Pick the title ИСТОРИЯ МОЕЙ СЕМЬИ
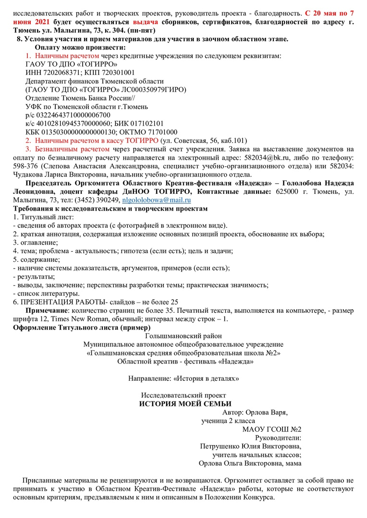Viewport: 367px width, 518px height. [185, 404]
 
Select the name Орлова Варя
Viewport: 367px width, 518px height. [267, 412]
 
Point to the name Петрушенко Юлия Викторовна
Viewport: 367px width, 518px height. [250, 446]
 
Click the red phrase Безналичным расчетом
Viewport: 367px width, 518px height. [72, 149]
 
